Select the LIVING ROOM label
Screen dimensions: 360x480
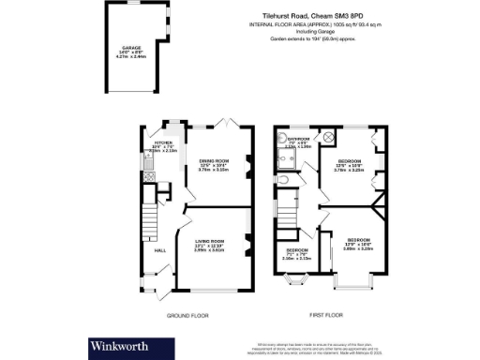coord(208,245)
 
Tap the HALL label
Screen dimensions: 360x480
coord(147,249)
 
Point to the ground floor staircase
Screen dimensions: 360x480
coord(147,223)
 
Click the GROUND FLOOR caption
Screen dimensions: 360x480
coord(187,316)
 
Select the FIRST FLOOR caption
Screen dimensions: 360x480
coord(325,316)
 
